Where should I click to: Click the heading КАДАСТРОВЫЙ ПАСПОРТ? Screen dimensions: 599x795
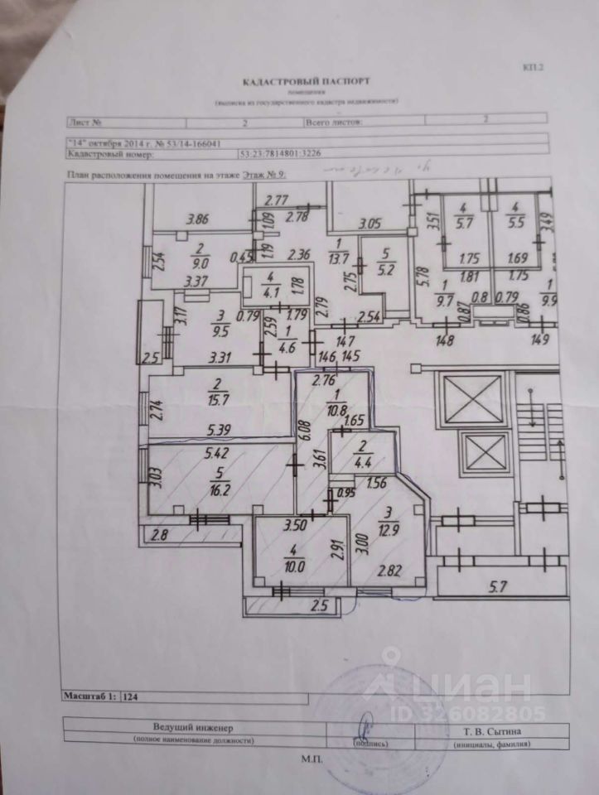click(x=306, y=82)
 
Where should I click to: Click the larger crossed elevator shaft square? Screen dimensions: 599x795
click(x=472, y=400)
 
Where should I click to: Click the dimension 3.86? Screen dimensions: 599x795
click(x=199, y=219)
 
